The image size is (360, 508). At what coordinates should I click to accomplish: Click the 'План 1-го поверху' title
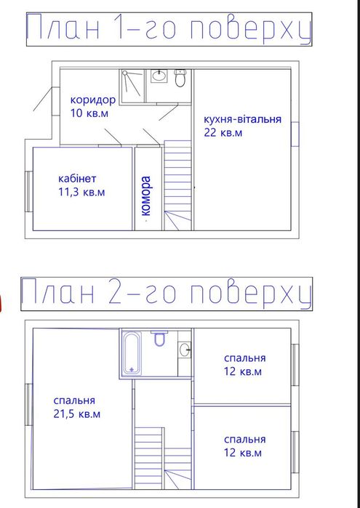(169, 30)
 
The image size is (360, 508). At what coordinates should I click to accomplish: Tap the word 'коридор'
(93, 100)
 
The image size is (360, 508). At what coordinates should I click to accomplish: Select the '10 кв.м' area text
(89, 113)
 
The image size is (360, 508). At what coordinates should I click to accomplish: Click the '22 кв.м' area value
(222, 133)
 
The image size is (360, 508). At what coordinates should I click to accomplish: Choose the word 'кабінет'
(77, 179)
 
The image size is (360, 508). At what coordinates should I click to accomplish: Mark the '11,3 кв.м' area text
(81, 193)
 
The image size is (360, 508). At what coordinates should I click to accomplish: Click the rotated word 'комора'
(146, 196)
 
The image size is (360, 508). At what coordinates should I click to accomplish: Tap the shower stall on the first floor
(133, 86)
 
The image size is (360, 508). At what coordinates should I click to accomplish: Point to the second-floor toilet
(161, 338)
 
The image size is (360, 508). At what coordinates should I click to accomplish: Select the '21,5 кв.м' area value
(77, 414)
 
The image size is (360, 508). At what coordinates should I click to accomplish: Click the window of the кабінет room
(28, 191)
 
